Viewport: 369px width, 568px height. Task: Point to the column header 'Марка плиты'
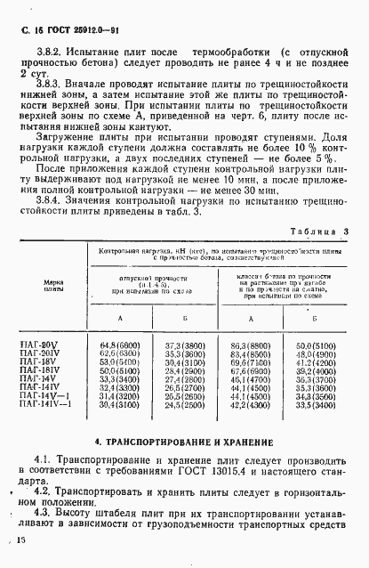coord(52,285)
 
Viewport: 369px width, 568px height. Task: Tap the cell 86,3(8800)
coord(250,345)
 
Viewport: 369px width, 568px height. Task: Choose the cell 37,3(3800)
coord(185,345)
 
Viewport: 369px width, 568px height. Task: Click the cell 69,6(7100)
coord(250,362)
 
